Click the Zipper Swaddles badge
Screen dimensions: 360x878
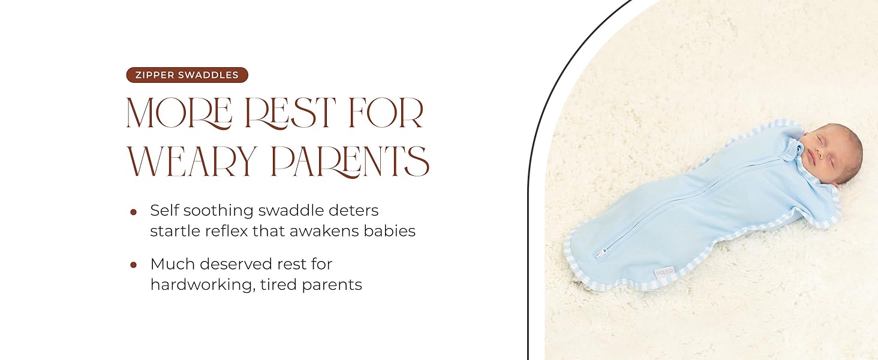coord(187,75)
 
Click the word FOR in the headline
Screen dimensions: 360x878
coord(387,112)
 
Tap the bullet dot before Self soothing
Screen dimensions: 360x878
coord(133,212)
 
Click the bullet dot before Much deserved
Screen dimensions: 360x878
coord(133,265)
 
